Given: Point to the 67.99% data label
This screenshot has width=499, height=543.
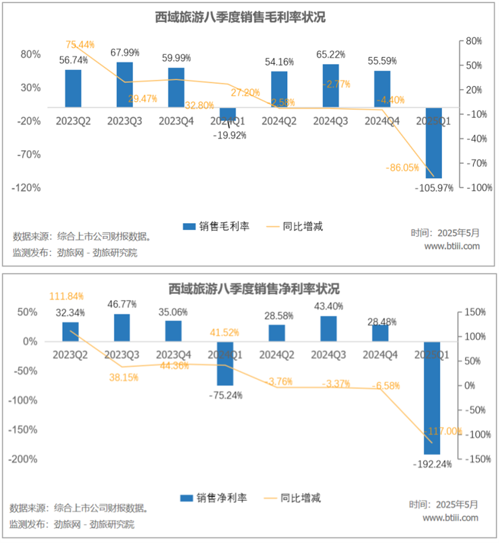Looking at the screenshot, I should pos(125,53).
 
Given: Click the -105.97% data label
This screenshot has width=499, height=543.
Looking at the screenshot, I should pos(434,188).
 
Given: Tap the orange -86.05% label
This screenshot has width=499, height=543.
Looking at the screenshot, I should pos(402,167).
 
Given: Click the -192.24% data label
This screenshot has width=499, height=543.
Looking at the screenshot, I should pos(433,464).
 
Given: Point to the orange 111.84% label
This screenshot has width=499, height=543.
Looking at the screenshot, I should pos(65,296).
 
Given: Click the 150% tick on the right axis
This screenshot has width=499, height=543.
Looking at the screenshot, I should pos(474,312).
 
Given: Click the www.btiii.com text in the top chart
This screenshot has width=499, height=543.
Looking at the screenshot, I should pos(452,246).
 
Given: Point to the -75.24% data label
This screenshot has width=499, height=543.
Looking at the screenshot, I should pos(225,395).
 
